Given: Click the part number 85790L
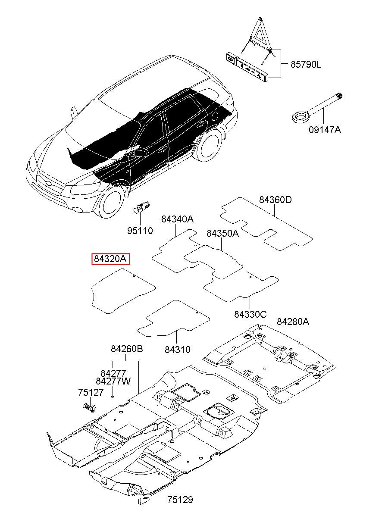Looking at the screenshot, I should pos(306,65).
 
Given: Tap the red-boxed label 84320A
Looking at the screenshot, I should pos(110,259).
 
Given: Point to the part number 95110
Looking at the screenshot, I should pos(140,231).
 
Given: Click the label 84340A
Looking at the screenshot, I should pos(177,219).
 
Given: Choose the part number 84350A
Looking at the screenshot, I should pos(222,233).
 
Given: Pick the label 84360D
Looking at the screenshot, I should pos(275,200).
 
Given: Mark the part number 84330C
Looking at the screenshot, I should pos(250,314).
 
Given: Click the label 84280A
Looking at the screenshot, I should pos(293,322).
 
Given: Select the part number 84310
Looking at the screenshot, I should pos(177,350).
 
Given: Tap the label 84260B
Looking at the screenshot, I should pos(126,349).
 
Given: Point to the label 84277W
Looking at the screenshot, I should pos(113,381).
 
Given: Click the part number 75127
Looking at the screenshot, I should pos(91,392).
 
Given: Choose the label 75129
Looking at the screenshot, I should pos(180,500).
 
